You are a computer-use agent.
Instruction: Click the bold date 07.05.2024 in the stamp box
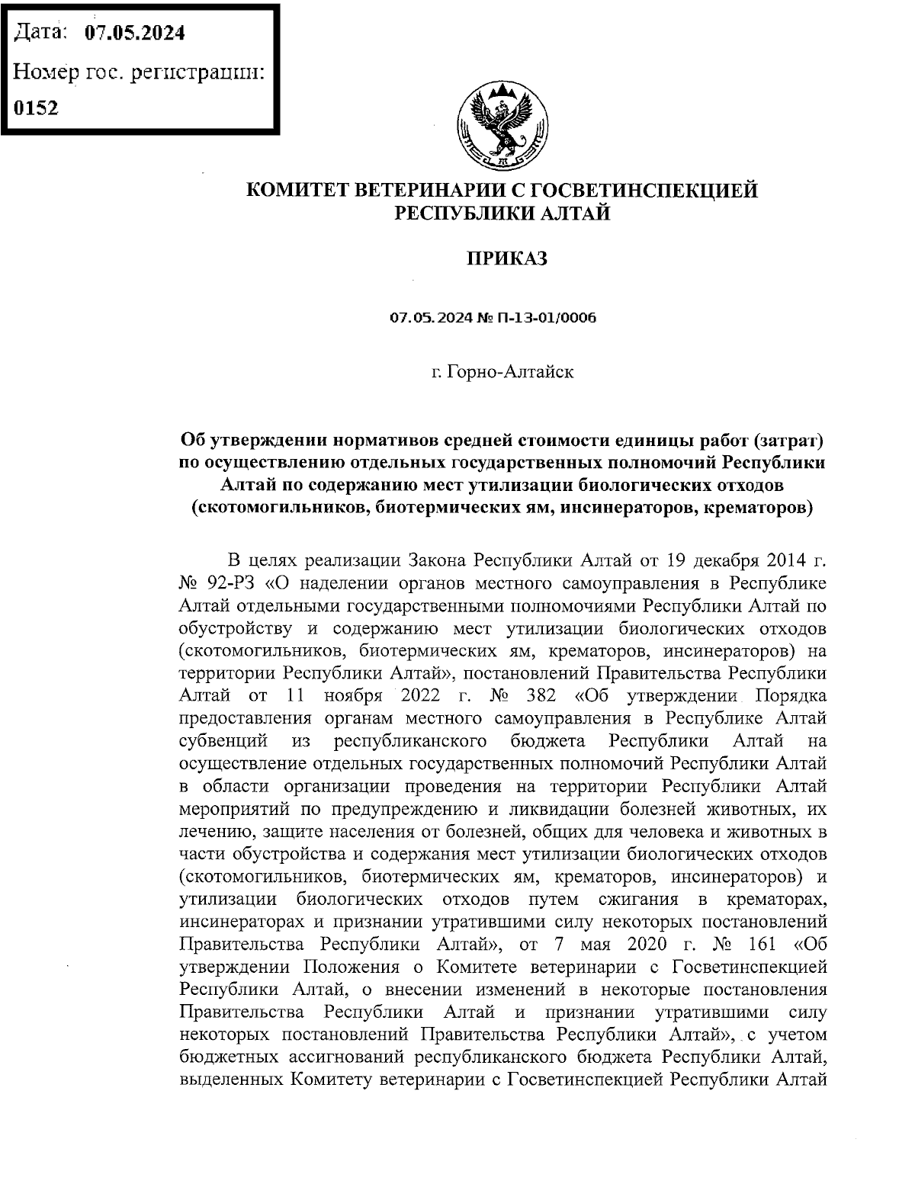tap(135, 33)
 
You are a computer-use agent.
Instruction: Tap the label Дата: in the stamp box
tap(43, 33)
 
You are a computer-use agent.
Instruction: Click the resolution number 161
tap(759, 944)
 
